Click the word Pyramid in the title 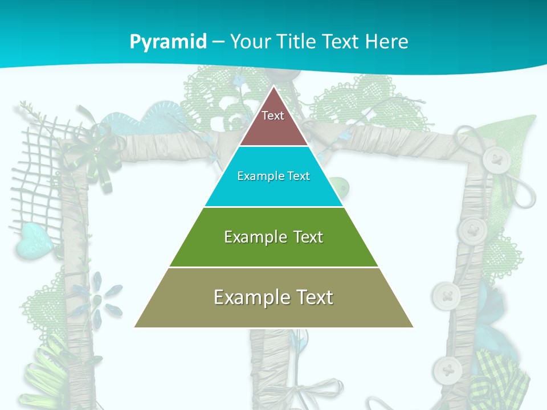point(168,42)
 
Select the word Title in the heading point(296,42)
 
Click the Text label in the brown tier point(273,116)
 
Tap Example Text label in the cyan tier point(273,176)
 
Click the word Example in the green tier point(250,237)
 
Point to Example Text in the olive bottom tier point(273,297)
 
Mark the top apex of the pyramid point(273,87)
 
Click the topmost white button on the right point(495,160)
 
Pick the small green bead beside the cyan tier point(340,186)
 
